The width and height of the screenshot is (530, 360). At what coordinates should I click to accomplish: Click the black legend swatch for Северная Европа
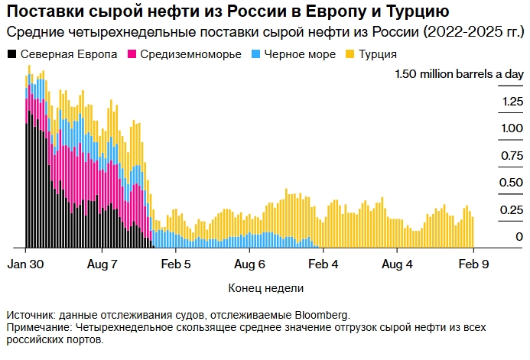tap(12, 55)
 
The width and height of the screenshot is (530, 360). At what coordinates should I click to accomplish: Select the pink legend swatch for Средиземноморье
tap(132, 55)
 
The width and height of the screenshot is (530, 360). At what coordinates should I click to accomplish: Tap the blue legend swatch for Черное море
tap(258, 55)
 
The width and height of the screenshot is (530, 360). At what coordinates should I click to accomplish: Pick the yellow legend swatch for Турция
tap(350, 55)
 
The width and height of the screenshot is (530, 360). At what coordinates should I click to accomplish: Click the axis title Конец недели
tap(265, 289)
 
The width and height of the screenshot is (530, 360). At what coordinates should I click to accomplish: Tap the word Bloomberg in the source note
tap(319, 314)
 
